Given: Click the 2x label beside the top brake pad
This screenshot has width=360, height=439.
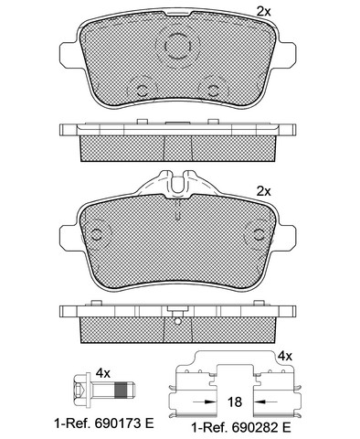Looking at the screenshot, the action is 264,12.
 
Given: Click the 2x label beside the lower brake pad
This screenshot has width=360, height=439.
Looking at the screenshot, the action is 264,191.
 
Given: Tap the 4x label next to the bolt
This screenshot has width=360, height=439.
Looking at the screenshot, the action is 103,373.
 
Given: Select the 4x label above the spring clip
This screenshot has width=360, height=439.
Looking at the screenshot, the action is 285,356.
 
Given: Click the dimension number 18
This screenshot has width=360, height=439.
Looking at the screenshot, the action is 235,402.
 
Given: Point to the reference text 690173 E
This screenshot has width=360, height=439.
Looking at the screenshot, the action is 124,423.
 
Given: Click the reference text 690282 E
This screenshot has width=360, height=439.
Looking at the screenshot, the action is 261,428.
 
